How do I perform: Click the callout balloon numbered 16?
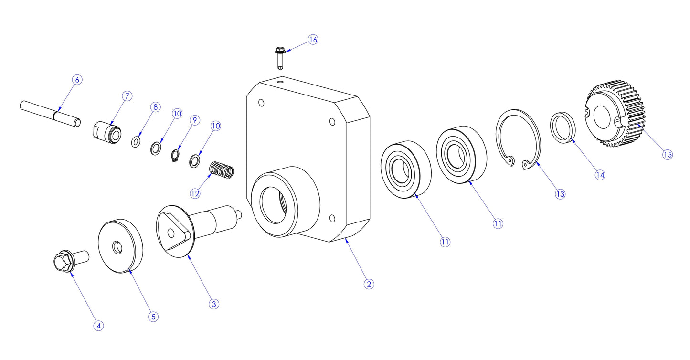click(x=312, y=40)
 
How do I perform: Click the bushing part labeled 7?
click(x=106, y=131)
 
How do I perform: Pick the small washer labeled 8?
click(x=136, y=141)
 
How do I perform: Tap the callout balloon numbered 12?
click(x=195, y=193)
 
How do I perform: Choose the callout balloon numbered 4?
click(x=98, y=326)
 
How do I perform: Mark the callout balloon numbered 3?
click(x=214, y=304)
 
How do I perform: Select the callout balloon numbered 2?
click(x=368, y=284)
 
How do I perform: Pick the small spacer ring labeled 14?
click(x=564, y=127)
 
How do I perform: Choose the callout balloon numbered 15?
click(x=667, y=154)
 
